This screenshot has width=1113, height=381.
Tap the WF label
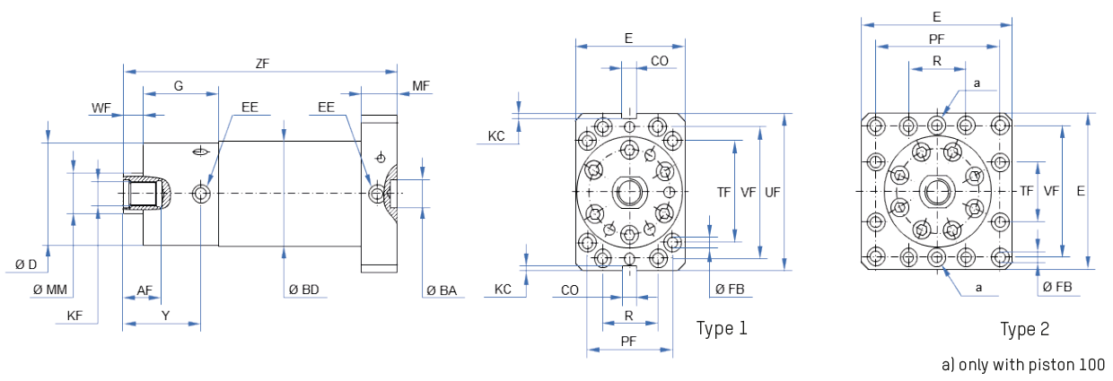click(101, 108)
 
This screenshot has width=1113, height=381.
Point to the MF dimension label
click(420, 86)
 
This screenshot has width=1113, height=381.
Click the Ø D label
click(26, 264)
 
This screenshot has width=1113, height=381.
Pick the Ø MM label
click(50, 290)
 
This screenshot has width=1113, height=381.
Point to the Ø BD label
click(303, 290)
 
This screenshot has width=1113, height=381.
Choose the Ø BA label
click(442, 290)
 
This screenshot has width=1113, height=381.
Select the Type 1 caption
click(722, 328)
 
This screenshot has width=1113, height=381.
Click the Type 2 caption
click(1024, 330)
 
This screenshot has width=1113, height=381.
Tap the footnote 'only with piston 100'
click(1022, 364)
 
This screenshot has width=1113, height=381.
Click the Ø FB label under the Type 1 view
click(730, 290)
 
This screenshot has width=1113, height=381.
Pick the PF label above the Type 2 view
click(936, 39)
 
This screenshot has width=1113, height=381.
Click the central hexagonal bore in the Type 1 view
click(629, 192)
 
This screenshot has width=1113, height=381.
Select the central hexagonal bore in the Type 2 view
click(937, 191)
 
